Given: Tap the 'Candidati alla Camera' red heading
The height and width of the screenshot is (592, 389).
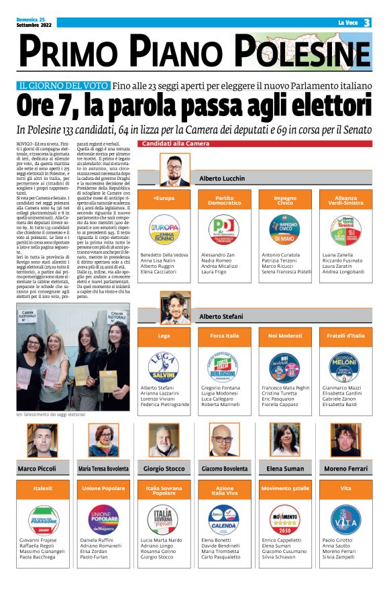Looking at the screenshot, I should (x=174, y=144).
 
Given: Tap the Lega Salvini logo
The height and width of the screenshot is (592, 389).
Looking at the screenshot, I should (x=164, y=366).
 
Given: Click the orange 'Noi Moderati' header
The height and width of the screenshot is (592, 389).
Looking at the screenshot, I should (x=285, y=335).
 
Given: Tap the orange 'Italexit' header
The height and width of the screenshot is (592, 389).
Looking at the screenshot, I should (x=42, y=488).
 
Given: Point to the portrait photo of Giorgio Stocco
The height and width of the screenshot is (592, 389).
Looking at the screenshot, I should (x=163, y=440).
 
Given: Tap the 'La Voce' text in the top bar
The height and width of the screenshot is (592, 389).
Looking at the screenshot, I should (x=347, y=23).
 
